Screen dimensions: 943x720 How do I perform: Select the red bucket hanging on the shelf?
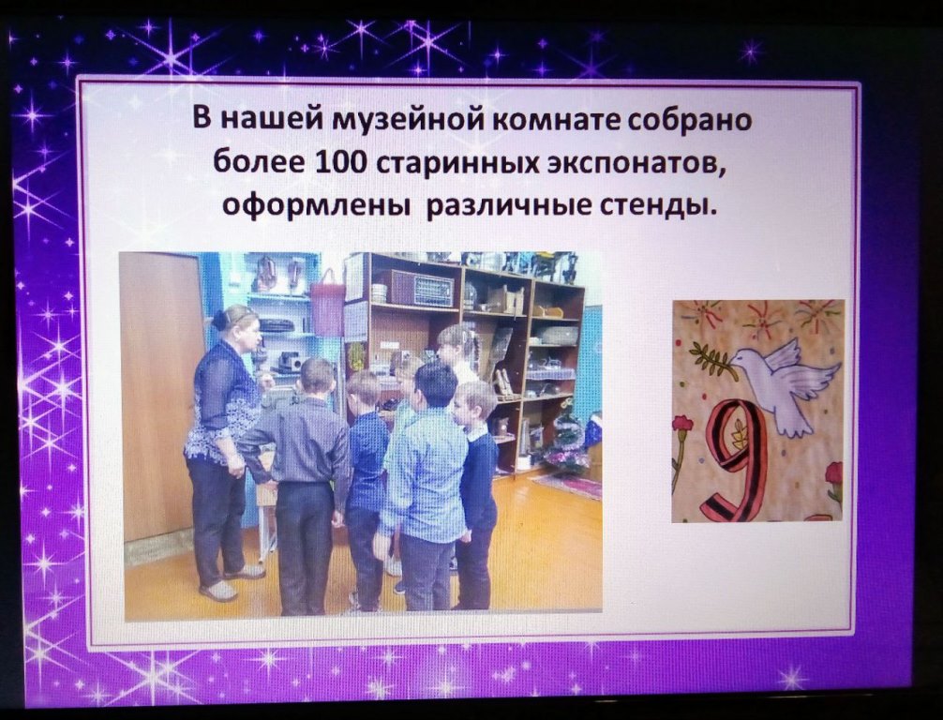(x=328, y=303)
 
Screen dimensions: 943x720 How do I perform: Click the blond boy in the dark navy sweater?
(x=477, y=492)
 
